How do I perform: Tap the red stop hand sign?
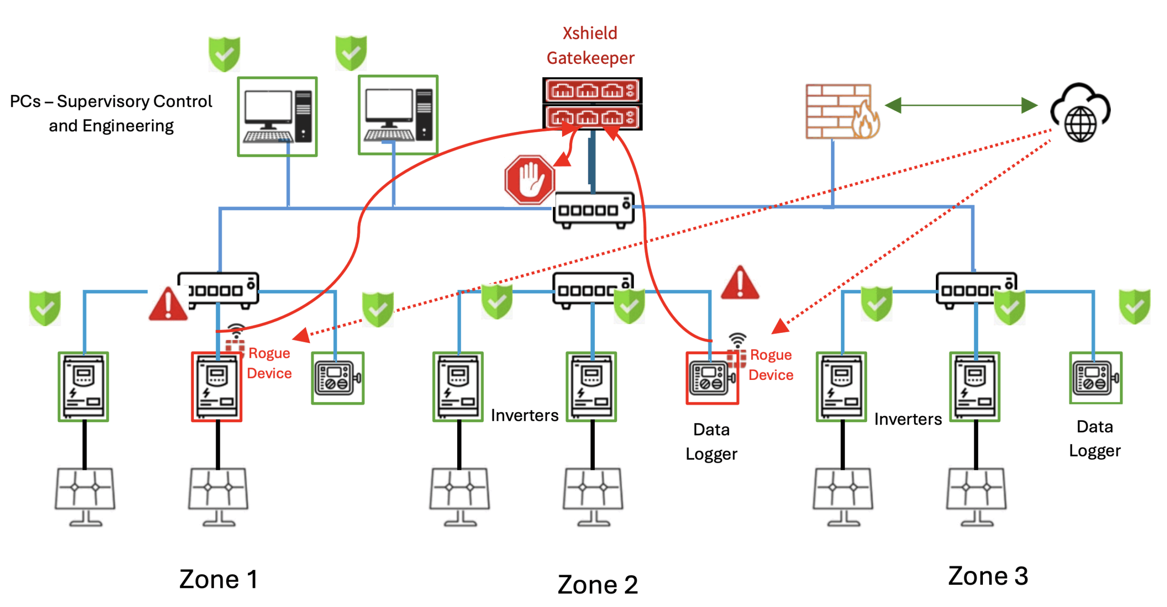pyautogui.click(x=529, y=179)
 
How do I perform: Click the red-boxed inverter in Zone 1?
pyautogui.click(x=216, y=386)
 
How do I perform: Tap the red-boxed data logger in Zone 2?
pyautogui.click(x=711, y=378)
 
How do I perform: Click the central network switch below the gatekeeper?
pyautogui.click(x=593, y=210)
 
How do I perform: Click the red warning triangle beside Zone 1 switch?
pyautogui.click(x=167, y=304)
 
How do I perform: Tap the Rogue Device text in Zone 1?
pyautogui.click(x=269, y=363)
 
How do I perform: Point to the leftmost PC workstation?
pyautogui.click(x=277, y=116)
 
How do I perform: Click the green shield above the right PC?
pyautogui.click(x=351, y=53)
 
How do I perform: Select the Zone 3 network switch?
pyautogui.click(x=975, y=290)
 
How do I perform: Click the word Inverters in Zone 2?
pyautogui.click(x=524, y=415)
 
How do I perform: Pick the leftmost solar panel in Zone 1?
pyautogui.click(x=85, y=495)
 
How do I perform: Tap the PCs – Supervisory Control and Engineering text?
pyautogui.click(x=111, y=113)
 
